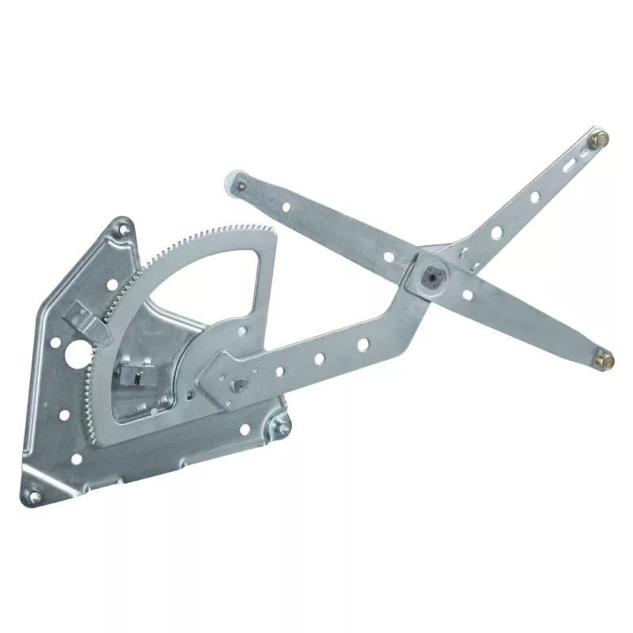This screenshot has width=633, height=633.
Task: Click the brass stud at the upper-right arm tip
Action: [x=600, y=139]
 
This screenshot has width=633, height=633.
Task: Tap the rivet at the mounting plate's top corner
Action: [x=123, y=229]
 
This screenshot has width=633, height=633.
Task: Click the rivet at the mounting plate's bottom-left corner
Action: [x=35, y=495]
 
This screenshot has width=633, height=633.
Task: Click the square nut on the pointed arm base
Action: [x=236, y=385]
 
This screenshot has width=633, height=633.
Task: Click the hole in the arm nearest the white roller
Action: [x=286, y=208]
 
